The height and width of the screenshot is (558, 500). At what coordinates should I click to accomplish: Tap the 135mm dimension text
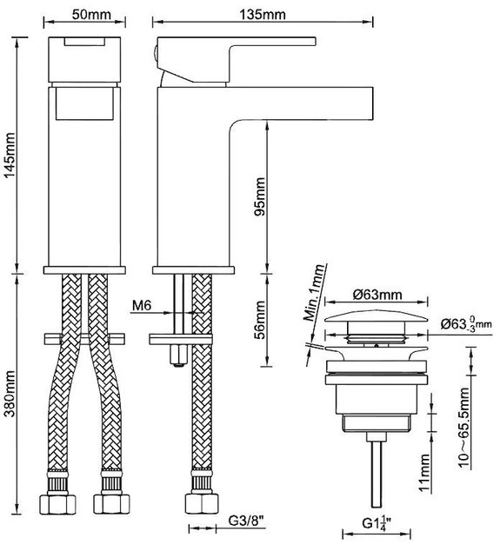[262, 15]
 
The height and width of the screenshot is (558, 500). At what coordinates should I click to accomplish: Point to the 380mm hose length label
[10, 394]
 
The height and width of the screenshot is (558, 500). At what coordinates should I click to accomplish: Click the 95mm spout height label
[260, 196]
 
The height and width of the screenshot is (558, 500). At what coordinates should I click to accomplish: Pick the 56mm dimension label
[260, 320]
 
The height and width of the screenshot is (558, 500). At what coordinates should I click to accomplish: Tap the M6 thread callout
[142, 305]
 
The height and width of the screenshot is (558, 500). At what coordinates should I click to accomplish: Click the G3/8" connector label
[246, 521]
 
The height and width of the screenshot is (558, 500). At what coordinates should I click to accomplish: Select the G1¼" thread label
[377, 522]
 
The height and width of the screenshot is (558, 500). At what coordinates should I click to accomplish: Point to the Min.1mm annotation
[314, 293]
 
